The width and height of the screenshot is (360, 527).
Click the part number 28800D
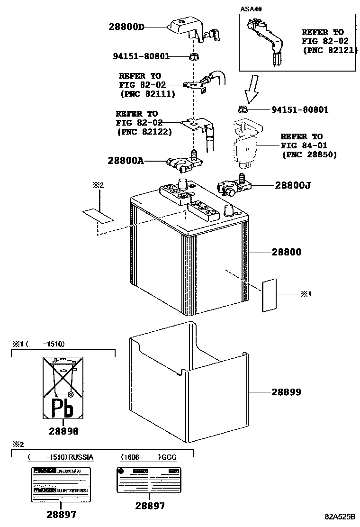[x=125, y=27]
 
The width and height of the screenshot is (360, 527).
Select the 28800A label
[x=125, y=161]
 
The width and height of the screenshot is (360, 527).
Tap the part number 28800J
[x=293, y=186]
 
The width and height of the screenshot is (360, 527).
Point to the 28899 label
[x=286, y=392]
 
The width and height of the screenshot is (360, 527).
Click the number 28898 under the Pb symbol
[x=63, y=431]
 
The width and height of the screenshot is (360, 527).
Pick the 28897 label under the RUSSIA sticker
[x=61, y=514]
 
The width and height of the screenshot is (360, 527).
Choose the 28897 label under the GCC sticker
[x=150, y=506]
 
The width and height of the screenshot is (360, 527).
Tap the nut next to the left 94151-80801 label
[x=193, y=57]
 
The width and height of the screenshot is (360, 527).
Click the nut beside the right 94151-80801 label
[x=243, y=109]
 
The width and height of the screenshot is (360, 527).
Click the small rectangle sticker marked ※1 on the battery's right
[x=270, y=295]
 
